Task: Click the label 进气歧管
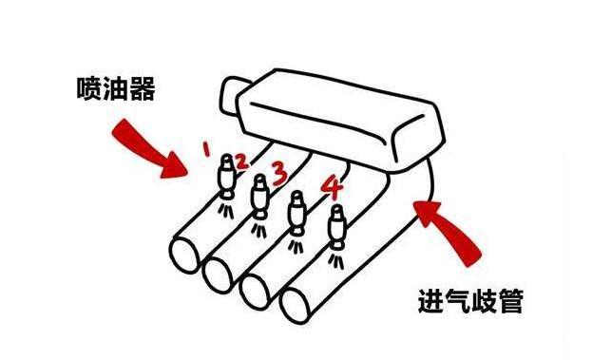[469, 302]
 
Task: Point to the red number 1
[206, 147]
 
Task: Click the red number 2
[241, 161]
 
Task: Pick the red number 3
[277, 172]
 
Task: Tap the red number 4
[331, 184]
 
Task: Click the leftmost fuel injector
[226, 175]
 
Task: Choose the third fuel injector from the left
[296, 211]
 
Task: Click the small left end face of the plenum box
[234, 98]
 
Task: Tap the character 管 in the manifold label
[508, 302]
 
